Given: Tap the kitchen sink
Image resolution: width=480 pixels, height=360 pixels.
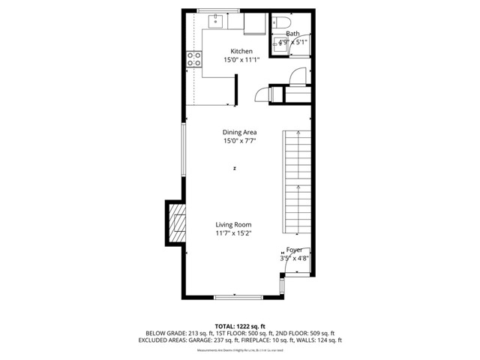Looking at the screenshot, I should click(x=216, y=21).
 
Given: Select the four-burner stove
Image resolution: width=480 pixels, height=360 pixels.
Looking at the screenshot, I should click(x=193, y=58).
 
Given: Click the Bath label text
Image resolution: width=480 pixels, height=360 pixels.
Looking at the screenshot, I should click(x=292, y=34).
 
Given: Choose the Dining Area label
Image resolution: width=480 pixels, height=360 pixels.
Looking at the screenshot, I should click(x=239, y=132).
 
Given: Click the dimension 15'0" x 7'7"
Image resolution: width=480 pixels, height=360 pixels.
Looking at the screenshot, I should click(x=239, y=141).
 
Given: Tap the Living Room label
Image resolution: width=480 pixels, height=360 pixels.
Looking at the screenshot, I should click(x=233, y=224).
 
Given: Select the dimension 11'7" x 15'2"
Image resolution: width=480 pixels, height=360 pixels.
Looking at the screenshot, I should click(x=233, y=233).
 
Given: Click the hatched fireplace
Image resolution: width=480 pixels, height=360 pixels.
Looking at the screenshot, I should click(x=176, y=224).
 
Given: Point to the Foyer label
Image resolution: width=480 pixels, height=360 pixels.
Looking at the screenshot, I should click(x=294, y=249).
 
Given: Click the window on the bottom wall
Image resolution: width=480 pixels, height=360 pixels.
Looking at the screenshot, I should click(x=238, y=298).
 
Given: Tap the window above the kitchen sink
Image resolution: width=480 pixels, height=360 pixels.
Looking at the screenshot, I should click(x=218, y=10).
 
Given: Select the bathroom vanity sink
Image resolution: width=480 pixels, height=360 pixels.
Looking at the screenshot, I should click(x=282, y=42).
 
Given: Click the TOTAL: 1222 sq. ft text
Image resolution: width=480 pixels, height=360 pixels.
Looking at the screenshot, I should click(x=240, y=326).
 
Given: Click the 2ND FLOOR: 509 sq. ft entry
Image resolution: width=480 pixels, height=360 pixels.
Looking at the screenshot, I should click(x=303, y=333).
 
